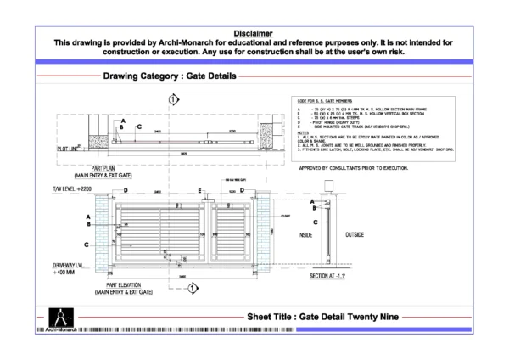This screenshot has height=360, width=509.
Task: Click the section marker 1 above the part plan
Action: [x=174, y=100]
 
